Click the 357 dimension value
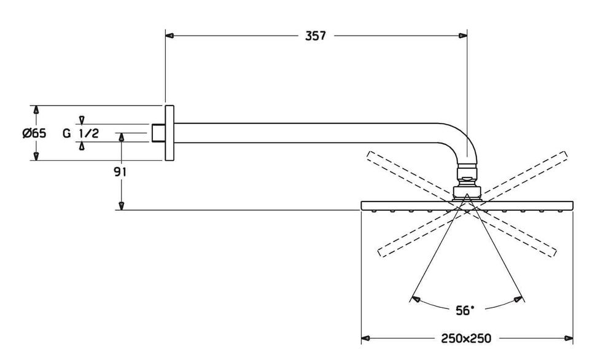pos(315,36)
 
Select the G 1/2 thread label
pos(80,133)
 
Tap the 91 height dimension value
pos(120,172)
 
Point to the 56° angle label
pos(465,311)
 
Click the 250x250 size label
pos(465,338)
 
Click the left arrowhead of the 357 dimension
pos(171,36)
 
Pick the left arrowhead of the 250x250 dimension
pos(366,338)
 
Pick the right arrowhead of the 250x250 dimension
pos(569,338)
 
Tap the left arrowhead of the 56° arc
pos(416,300)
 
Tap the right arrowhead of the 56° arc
pos(519,300)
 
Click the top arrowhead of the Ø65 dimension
pos(36,110)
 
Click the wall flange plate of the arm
pos(169,133)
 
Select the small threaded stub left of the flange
pos(158,133)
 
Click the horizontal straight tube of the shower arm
pos(307,133)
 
